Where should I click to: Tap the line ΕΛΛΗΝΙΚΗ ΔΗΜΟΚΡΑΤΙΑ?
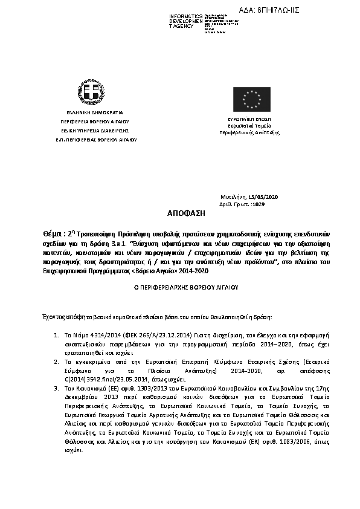tap(91, 113)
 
